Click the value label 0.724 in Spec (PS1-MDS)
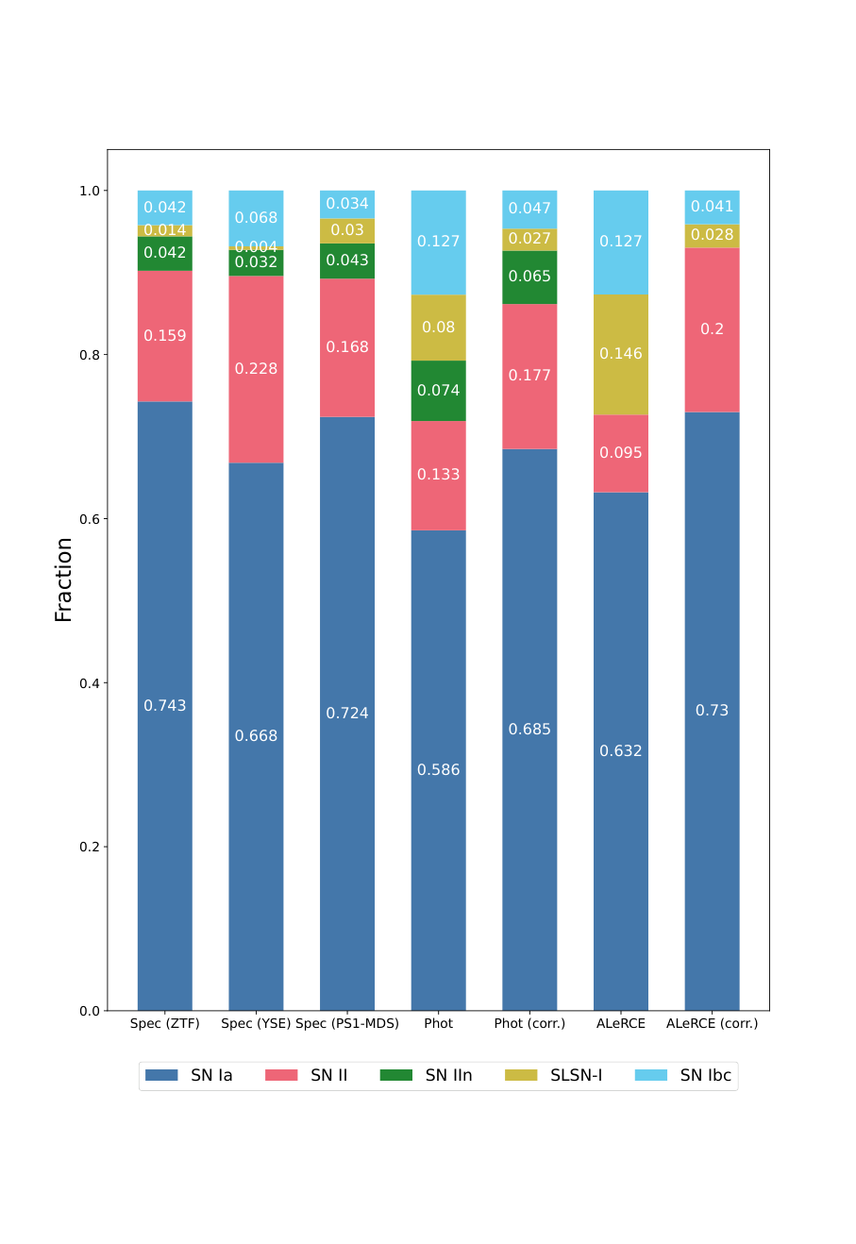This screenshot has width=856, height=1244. click(x=347, y=714)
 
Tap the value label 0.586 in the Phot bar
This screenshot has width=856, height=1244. click(x=439, y=770)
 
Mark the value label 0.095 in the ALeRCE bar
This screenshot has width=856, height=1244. click(x=621, y=453)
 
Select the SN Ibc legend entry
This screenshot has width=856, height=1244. click(x=683, y=1075)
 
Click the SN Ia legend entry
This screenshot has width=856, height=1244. click(x=190, y=1075)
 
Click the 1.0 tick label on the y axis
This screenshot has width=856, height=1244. click(x=90, y=191)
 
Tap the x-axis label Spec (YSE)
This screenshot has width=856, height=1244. click(x=256, y=1023)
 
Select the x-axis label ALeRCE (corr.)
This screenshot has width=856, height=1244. click(x=712, y=1023)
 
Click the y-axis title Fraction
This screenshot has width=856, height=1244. click(x=64, y=580)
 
